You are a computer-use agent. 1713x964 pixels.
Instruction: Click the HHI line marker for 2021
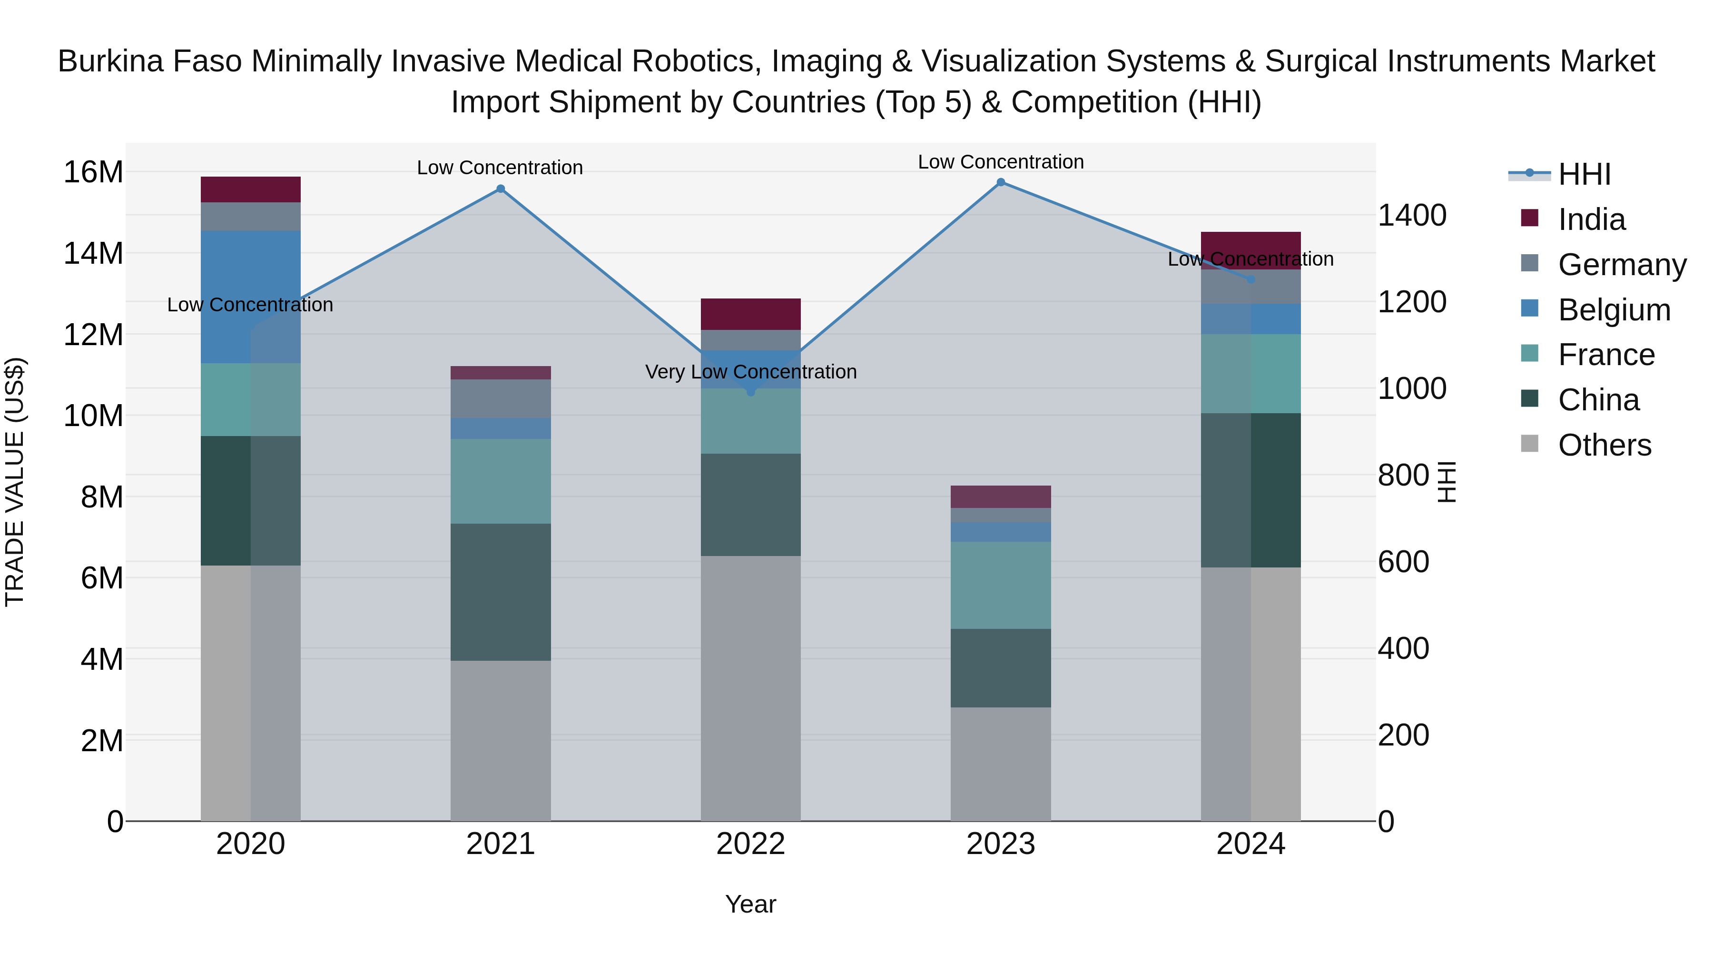pos(501,189)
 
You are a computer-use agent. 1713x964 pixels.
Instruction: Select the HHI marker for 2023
pos(1001,182)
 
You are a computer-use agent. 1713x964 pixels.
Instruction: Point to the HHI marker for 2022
pos(751,392)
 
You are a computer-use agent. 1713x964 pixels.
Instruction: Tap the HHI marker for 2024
pos(1251,279)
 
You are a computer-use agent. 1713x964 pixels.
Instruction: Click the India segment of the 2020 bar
pos(251,189)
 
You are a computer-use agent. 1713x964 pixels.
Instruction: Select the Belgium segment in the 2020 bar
pos(251,297)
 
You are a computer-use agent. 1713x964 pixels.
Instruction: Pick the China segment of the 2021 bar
pos(501,592)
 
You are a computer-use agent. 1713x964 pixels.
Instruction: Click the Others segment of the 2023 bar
pos(1001,764)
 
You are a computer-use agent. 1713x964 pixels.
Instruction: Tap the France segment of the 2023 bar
pos(1001,586)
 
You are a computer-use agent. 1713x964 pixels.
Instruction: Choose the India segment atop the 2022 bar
pos(751,314)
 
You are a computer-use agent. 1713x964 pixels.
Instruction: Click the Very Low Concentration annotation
pos(751,372)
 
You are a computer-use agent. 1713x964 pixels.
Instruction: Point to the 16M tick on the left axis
pos(93,172)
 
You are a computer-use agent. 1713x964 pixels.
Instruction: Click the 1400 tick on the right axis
pos(1412,216)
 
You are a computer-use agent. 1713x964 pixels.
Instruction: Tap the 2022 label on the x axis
pos(751,844)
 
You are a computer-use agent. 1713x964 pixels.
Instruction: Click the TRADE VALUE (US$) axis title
pos(15,482)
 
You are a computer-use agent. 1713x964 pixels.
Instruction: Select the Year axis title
pos(751,904)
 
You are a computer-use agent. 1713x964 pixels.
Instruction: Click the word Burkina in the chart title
pos(110,61)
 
